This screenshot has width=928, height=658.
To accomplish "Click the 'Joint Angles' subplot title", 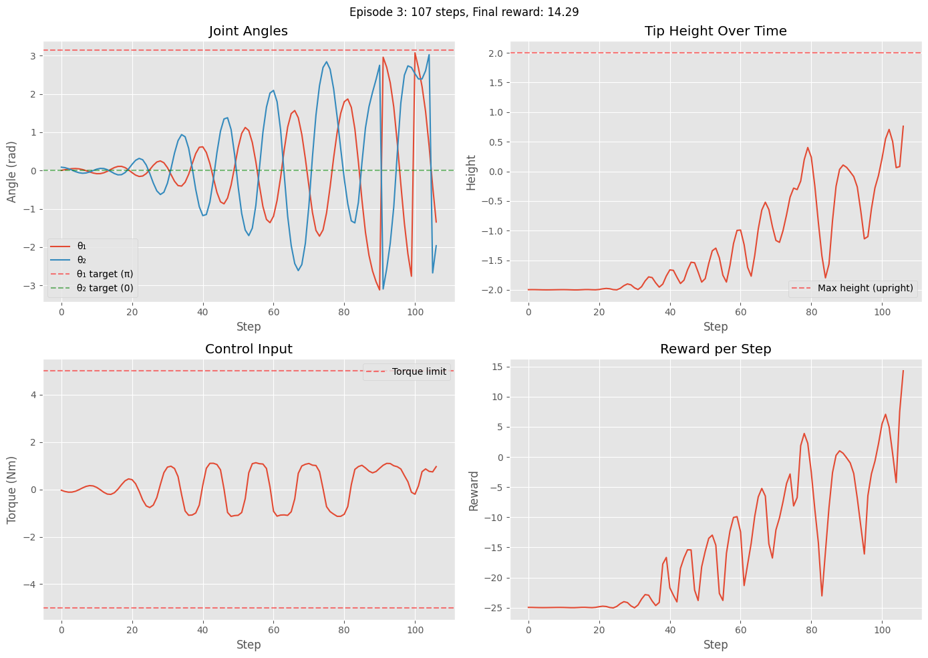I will tap(248, 31).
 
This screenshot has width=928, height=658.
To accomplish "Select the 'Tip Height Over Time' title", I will tap(715, 31).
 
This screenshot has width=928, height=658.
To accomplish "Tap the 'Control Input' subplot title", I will tap(248, 349).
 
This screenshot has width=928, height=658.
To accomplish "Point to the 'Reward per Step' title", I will tap(715, 349).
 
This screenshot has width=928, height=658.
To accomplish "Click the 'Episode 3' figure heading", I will tap(464, 12).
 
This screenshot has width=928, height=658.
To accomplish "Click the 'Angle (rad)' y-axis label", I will tap(12, 171).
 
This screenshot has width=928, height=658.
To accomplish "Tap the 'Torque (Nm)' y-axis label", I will tap(12, 490).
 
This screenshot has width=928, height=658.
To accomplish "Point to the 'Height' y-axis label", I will tap(472, 172).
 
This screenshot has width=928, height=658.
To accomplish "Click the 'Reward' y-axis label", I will tap(474, 491).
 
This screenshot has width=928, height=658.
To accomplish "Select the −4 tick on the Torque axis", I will tap(31, 585).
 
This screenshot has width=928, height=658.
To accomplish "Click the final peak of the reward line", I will tap(903, 371).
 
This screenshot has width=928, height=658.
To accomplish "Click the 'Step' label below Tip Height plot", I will tap(715, 327).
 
